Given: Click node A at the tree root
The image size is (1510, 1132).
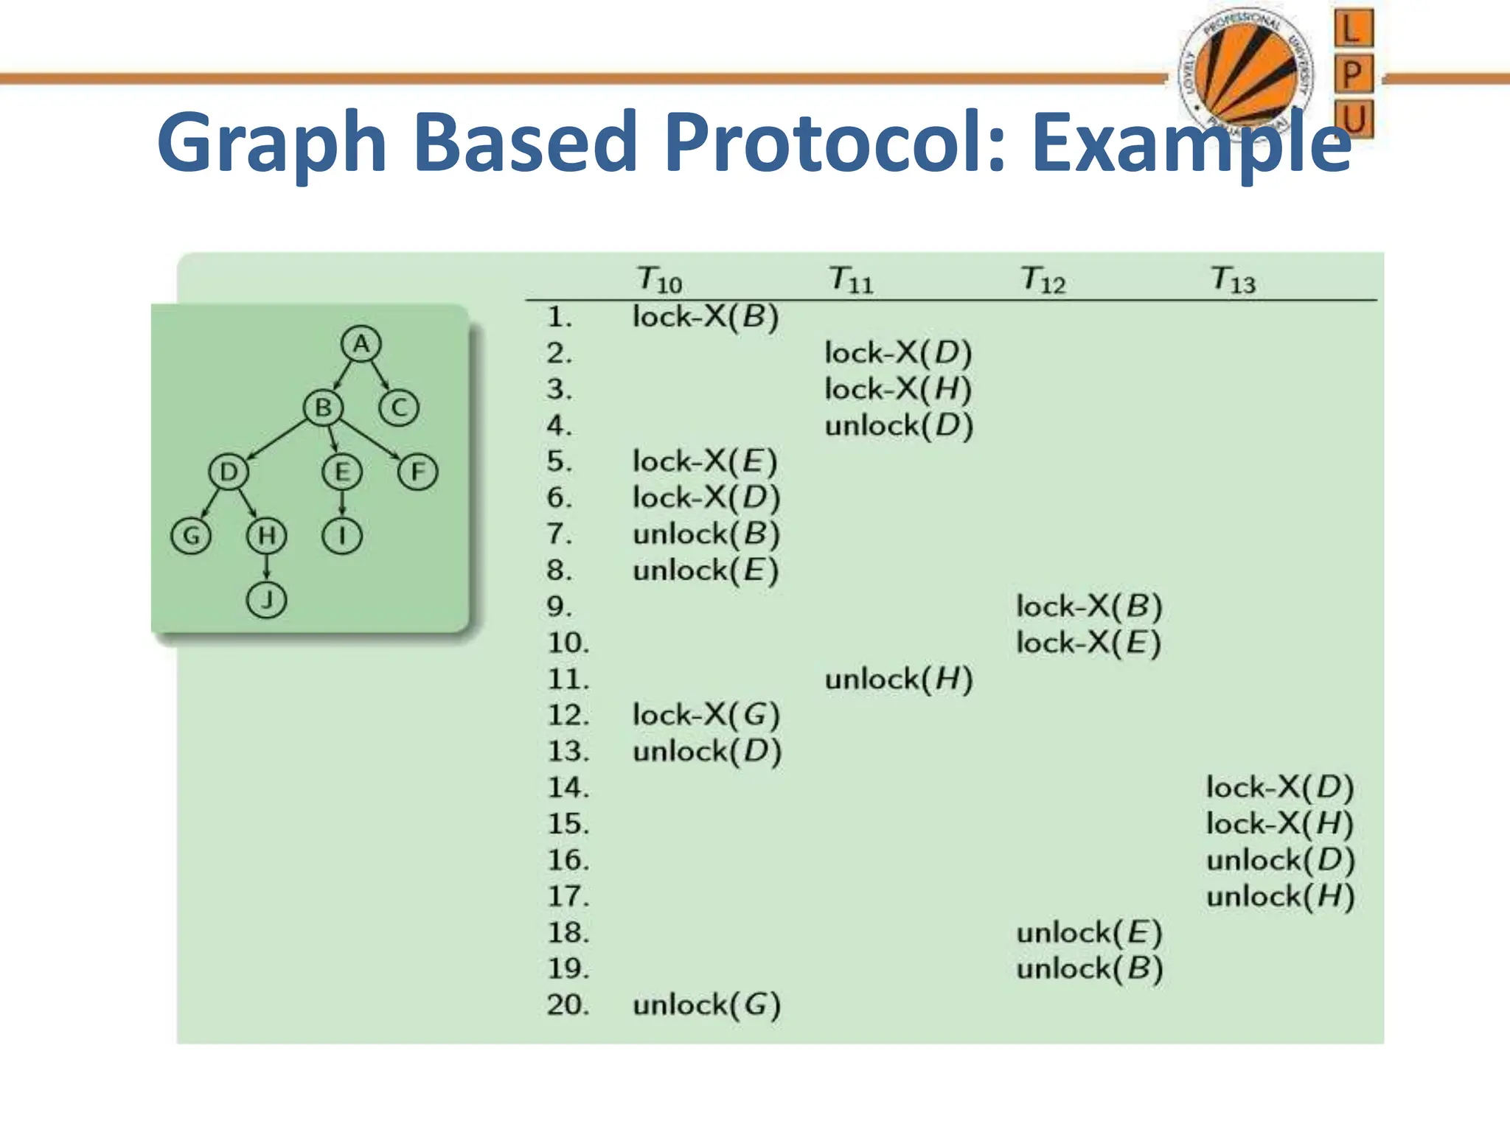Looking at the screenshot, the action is (361, 343).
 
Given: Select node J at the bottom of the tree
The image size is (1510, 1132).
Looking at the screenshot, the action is (266, 599).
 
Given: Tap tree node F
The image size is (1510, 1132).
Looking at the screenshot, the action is (418, 472).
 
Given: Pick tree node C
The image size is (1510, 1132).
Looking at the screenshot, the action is (399, 408).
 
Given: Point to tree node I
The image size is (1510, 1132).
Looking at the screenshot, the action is (342, 536).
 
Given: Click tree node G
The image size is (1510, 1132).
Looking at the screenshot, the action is (191, 536).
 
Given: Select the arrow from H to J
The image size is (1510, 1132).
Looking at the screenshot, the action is (266, 567).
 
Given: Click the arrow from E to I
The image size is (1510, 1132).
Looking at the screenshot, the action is (342, 503).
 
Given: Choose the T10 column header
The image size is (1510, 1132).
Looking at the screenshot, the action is (659, 280).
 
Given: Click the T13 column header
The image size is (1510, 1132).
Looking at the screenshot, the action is (1233, 280).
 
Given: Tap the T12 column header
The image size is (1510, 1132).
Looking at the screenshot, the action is (1043, 280).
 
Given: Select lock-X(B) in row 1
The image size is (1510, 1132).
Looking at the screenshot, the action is (706, 317).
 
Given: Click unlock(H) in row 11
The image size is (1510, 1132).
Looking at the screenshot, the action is (899, 679).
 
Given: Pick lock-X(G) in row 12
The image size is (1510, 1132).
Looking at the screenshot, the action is (706, 715).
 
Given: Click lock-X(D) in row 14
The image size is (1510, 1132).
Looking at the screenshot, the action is (1280, 787).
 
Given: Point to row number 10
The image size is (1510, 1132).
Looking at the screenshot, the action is (568, 643).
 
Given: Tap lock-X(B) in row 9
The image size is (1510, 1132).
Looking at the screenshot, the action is (1089, 607).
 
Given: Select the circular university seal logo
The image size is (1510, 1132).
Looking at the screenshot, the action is (1245, 74).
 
